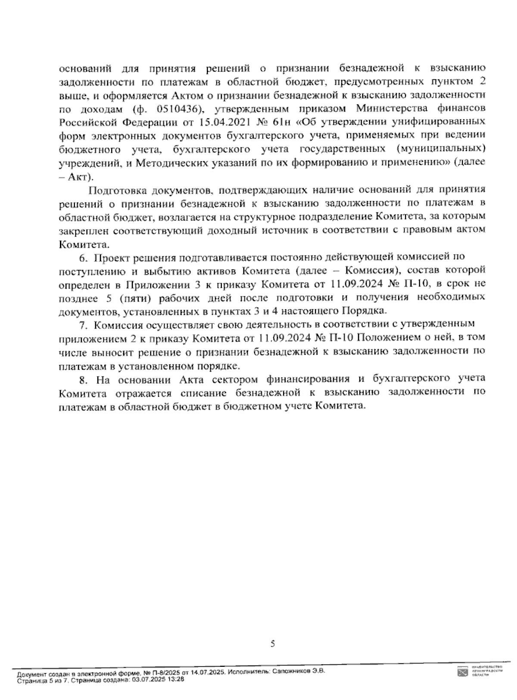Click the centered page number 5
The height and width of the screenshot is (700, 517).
pyautogui.click(x=272, y=644)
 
